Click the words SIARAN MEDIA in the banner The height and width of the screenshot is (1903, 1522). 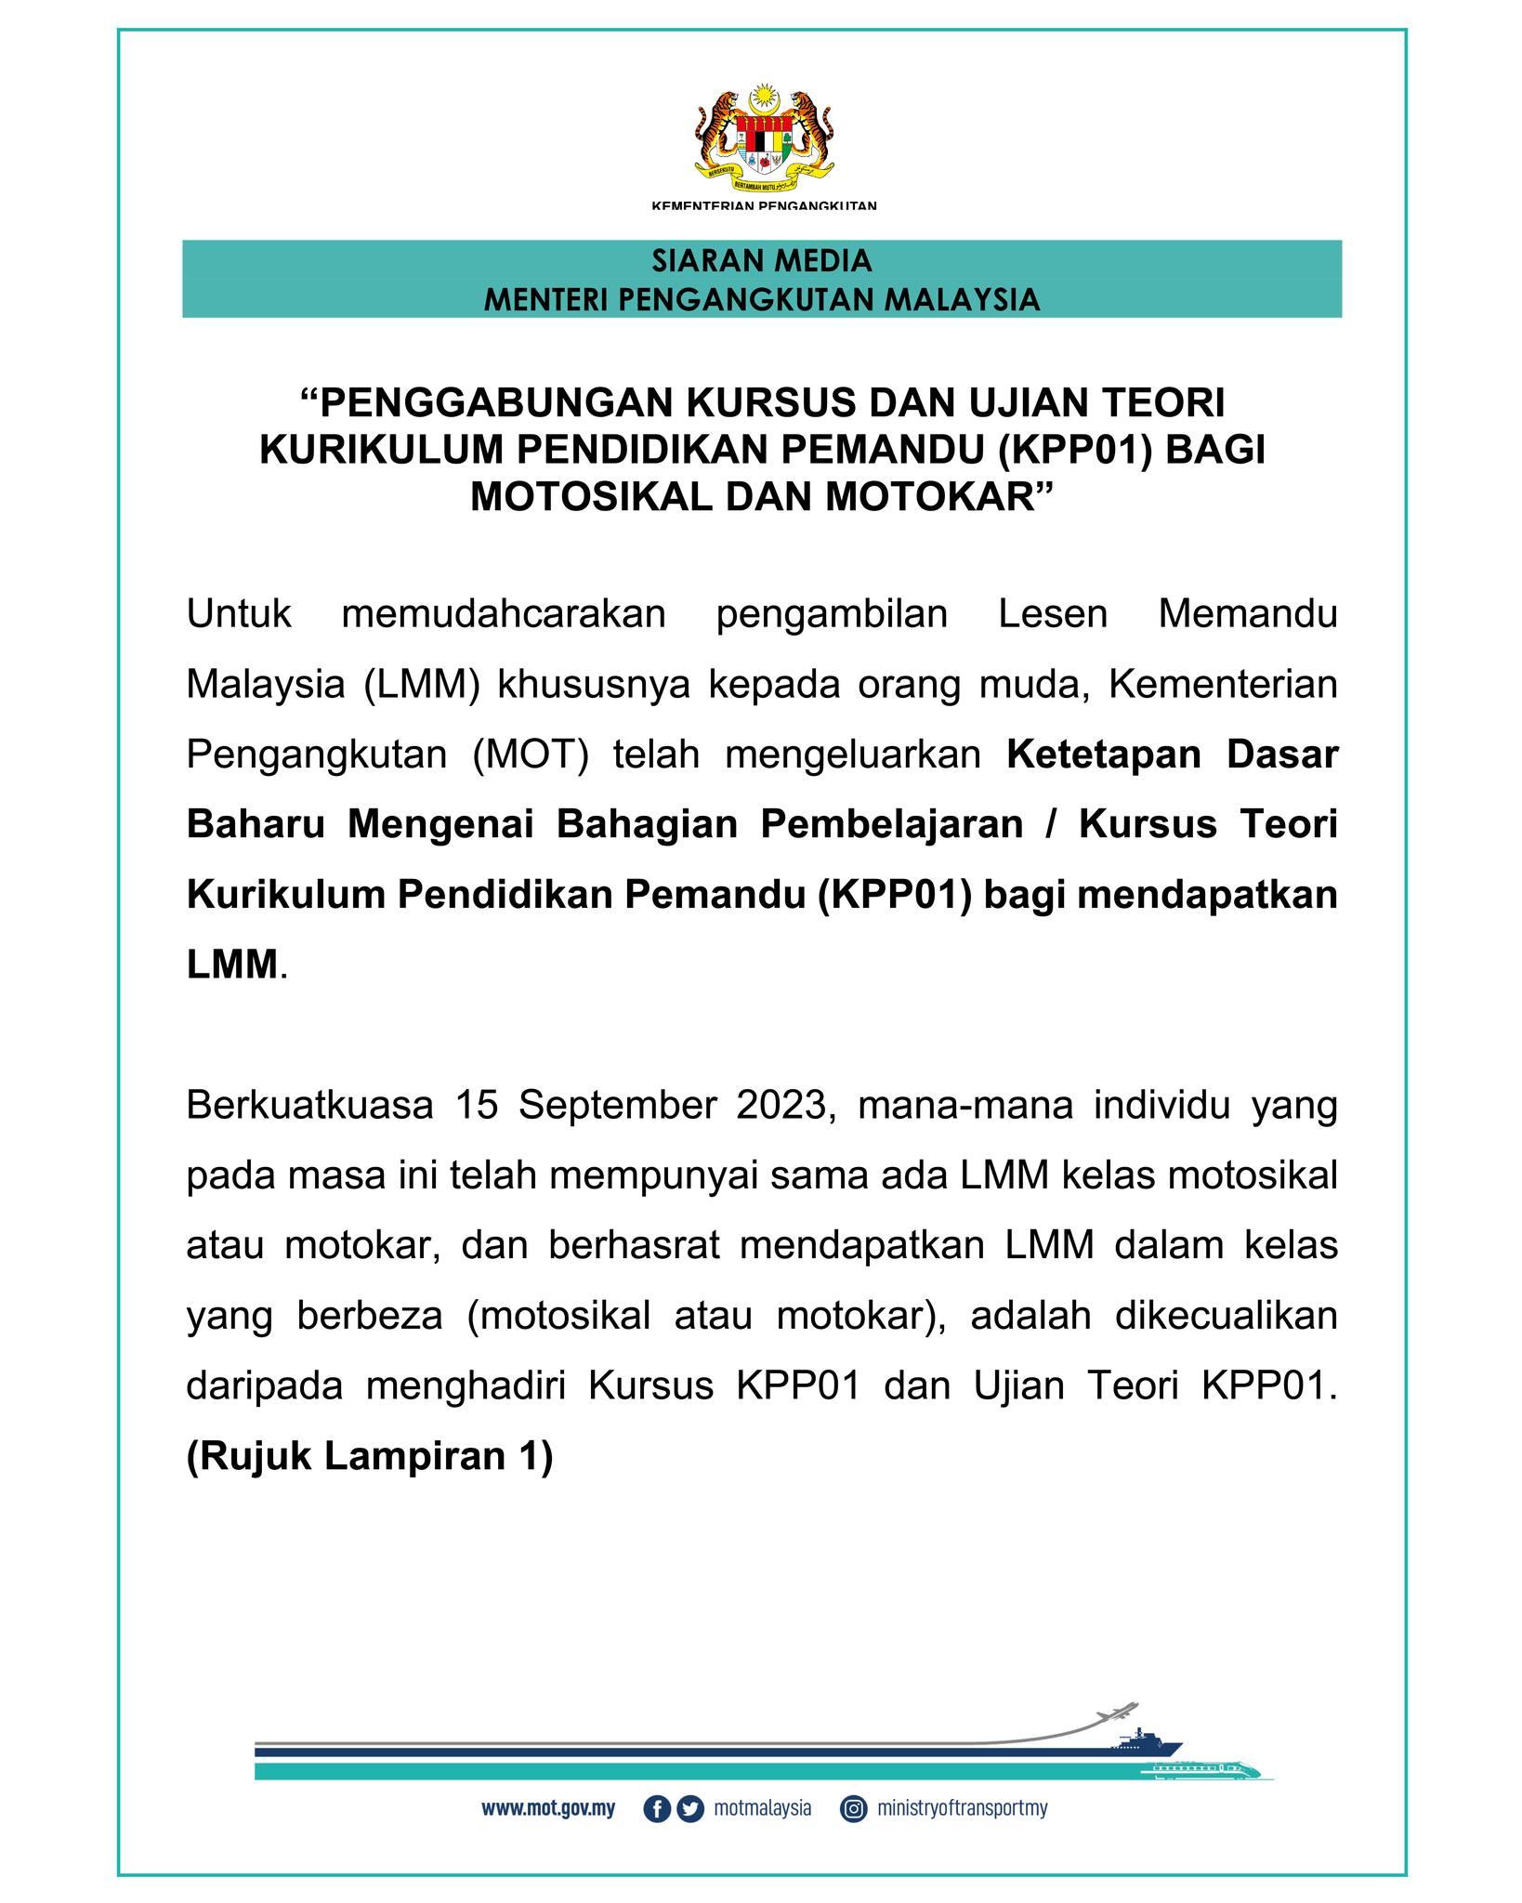click(x=762, y=261)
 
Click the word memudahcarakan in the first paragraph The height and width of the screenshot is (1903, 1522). click(x=504, y=614)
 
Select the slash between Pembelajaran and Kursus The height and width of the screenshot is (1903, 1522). click(x=1051, y=824)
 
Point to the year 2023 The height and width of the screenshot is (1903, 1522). click(x=788, y=1106)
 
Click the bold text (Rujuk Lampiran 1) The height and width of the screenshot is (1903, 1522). click(x=370, y=1456)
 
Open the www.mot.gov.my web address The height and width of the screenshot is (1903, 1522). click(x=548, y=1809)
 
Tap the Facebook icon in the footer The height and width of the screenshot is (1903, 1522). click(x=656, y=1809)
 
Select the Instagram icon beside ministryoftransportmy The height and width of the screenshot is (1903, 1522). click(x=853, y=1809)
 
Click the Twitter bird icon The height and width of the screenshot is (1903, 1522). click(x=690, y=1809)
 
